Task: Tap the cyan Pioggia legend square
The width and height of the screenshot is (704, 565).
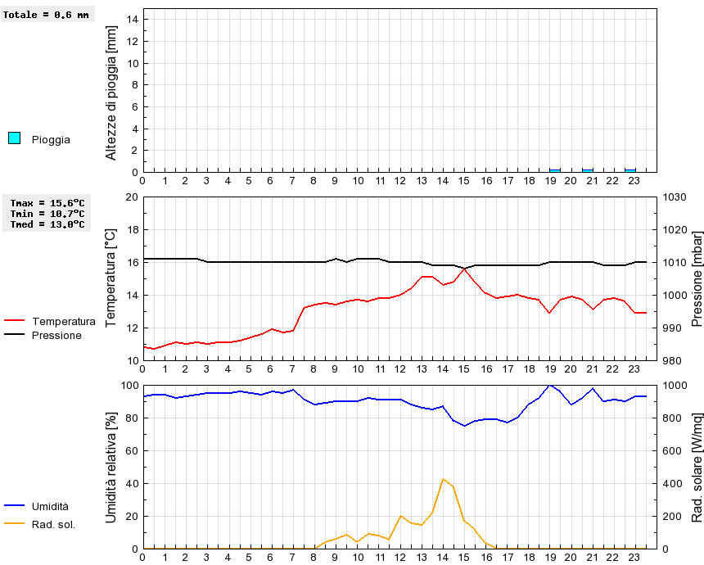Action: tap(14, 138)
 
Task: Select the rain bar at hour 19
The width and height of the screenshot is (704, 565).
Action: tap(555, 170)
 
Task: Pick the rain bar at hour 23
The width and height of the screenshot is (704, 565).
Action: tap(630, 170)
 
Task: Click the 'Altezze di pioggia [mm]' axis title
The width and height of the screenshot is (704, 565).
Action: tap(111, 92)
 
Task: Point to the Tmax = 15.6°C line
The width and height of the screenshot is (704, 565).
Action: tap(47, 203)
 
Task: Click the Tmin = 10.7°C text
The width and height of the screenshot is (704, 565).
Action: tap(47, 214)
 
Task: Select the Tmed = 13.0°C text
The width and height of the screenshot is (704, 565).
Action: tap(47, 224)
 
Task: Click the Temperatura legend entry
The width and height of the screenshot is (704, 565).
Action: tap(63, 321)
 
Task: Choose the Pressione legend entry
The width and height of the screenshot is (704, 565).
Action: tap(56, 335)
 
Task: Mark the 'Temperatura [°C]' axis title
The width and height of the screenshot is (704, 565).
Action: tap(111, 278)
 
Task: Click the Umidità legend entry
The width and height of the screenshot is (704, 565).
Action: tap(50, 507)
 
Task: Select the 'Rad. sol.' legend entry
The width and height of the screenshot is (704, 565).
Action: tap(53, 524)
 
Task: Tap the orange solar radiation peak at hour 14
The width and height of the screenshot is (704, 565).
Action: tap(443, 479)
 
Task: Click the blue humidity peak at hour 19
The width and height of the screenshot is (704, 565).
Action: tap(550, 385)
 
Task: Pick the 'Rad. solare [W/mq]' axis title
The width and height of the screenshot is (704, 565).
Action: tap(697, 467)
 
